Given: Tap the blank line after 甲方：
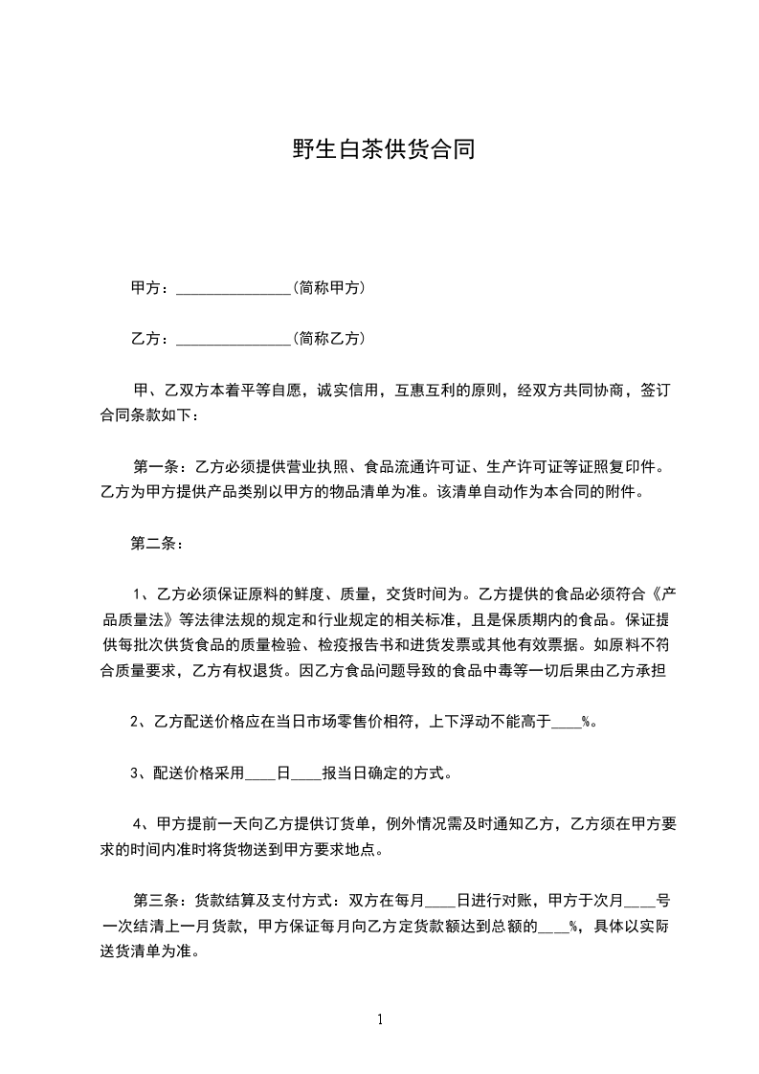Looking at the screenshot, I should [234, 288].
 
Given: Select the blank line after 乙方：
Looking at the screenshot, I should [234, 339].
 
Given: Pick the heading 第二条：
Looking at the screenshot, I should [156, 545].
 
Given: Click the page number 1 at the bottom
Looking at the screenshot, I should [380, 1018].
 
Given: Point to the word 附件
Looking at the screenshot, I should [618, 494].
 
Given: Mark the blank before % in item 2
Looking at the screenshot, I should [567, 723].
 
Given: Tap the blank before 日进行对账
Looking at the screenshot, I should [440, 901].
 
